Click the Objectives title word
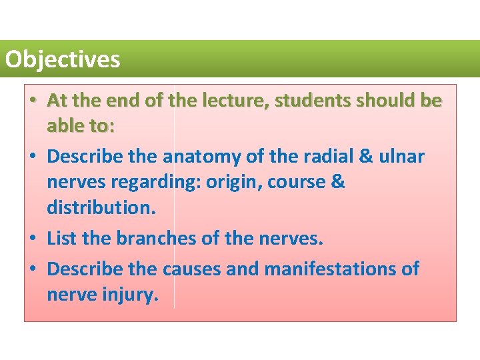coord(63,60)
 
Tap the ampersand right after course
coord(338,182)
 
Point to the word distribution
coord(101,207)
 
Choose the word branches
coord(159,238)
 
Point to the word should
coord(388,101)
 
